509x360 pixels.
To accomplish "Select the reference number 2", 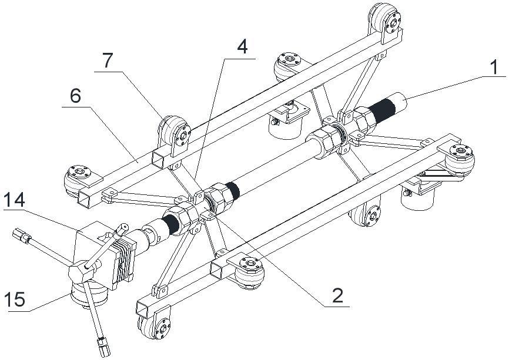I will click(337, 295).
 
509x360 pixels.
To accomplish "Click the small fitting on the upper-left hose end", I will click(23, 238).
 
